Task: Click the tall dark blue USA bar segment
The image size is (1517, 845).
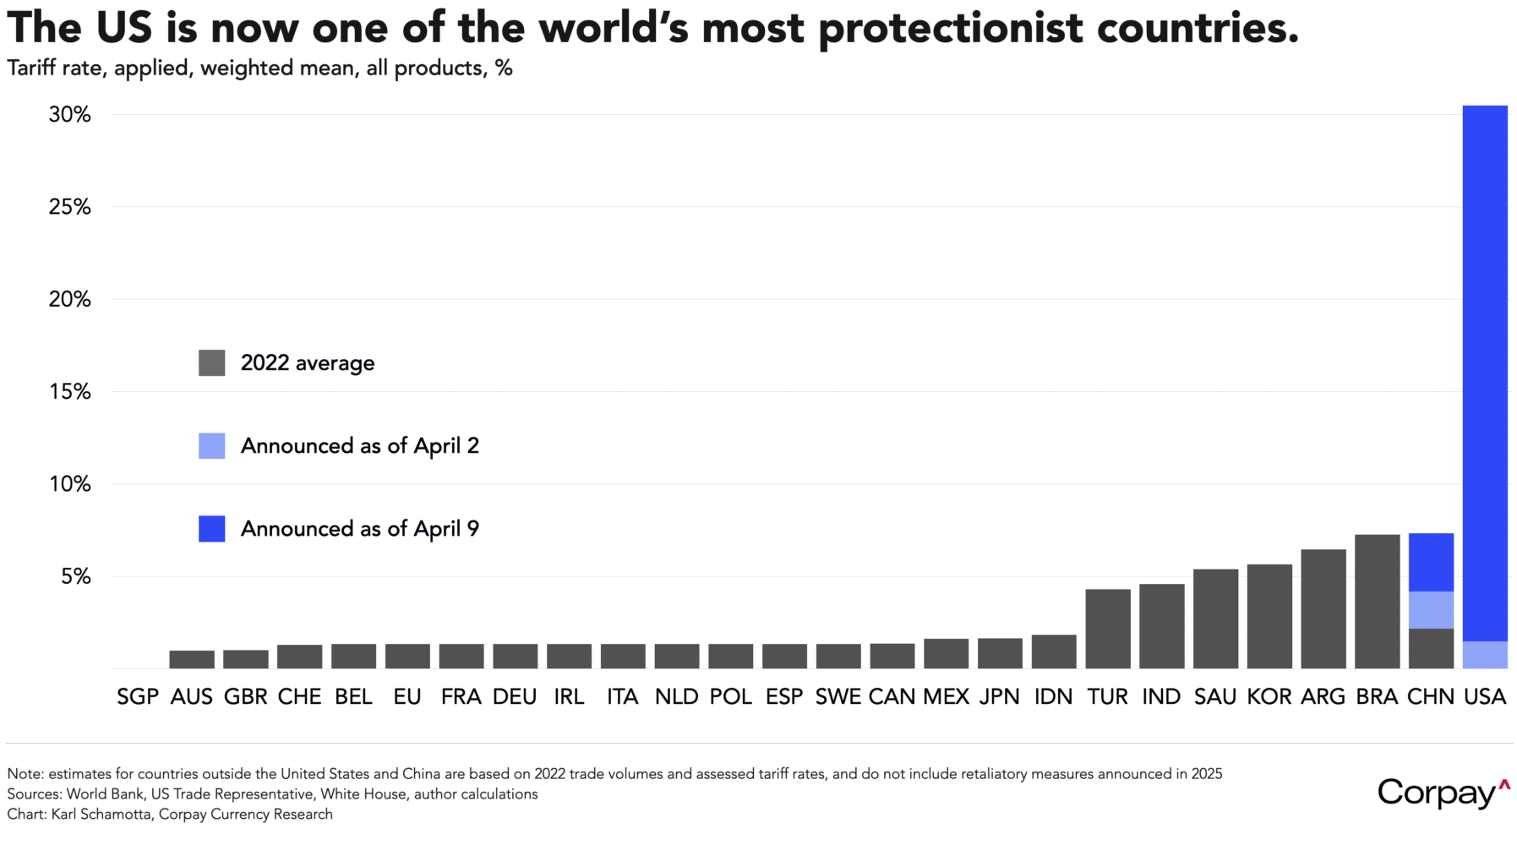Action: [1485, 372]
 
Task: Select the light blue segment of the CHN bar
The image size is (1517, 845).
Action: [1431, 609]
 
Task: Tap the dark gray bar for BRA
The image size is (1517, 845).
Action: [1377, 601]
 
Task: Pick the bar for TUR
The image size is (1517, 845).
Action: [1107, 629]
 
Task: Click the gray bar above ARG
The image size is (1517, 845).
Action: [1323, 608]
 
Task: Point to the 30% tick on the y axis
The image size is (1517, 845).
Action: [69, 115]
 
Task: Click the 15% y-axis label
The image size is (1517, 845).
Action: [69, 392]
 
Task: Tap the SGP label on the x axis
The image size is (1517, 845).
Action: [138, 697]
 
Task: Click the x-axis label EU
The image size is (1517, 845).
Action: [407, 697]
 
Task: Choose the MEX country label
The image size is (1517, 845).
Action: [946, 697]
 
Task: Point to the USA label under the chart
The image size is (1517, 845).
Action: [1485, 697]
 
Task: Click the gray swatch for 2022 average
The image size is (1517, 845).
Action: [211, 363]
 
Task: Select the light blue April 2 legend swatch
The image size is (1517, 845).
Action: [211, 446]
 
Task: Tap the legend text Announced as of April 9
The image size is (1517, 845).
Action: [359, 529]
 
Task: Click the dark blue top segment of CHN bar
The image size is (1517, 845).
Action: [1431, 562]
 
